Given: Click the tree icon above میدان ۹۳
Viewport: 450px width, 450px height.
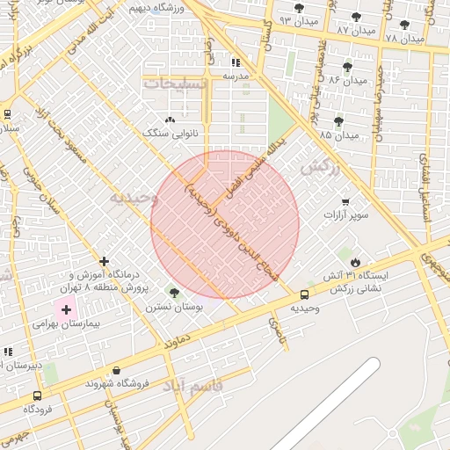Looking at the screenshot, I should [x=299, y=8].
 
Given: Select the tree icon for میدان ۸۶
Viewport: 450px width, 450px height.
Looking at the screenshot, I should [x=347, y=66].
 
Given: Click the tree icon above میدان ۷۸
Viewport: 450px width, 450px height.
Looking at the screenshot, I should [x=404, y=25].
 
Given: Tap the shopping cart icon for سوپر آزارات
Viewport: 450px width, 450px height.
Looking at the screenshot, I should [x=345, y=201].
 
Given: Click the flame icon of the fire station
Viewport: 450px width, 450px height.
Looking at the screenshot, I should [x=355, y=262].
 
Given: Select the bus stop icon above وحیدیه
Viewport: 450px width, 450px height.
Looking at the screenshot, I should [x=304, y=294].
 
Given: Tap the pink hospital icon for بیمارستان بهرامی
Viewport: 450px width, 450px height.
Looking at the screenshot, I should [x=66, y=309].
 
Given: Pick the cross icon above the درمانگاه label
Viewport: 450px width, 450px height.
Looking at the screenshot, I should [x=105, y=261].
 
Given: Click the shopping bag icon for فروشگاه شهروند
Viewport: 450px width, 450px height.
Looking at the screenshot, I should [x=117, y=371].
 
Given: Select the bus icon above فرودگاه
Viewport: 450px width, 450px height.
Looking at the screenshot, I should [x=37, y=396].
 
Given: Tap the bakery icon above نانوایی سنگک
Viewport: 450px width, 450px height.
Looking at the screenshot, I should [x=170, y=119].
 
